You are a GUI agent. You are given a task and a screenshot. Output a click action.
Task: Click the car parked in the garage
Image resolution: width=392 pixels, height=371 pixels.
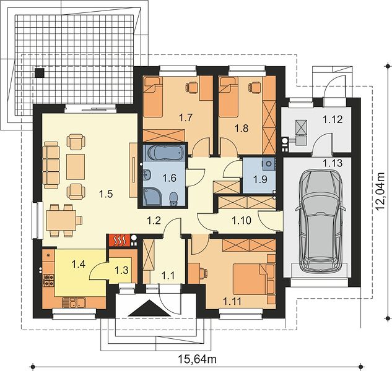coord(321,222)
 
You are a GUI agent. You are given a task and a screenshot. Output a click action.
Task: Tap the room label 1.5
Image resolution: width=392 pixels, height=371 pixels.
coord(106,194)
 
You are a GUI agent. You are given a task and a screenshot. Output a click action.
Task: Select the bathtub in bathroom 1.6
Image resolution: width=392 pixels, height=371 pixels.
coord(164,152)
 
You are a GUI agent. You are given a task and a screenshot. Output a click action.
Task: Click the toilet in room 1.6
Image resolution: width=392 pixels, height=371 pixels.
coord(173,199)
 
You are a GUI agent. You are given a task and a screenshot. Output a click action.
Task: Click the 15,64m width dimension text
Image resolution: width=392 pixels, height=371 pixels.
coord(198,359)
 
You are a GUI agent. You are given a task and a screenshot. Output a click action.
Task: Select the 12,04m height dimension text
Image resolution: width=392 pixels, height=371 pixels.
coord(381,191)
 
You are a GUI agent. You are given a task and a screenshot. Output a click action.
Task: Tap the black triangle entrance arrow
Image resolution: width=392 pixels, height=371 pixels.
coord(149,309)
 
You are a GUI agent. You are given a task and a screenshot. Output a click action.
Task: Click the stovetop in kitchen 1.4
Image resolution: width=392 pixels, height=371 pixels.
coord(49,280)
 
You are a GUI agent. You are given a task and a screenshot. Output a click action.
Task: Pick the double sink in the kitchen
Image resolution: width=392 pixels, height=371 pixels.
coord(74,303)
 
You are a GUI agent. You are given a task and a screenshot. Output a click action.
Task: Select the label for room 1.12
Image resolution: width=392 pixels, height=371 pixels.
coord(333,119)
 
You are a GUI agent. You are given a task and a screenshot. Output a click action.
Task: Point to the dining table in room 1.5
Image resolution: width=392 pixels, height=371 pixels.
coord(61,220)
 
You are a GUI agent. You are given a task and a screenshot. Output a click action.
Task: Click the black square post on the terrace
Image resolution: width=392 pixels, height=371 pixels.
coord(40,72)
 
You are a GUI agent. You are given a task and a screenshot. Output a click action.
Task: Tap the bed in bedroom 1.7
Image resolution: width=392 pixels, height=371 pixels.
coord(153,96)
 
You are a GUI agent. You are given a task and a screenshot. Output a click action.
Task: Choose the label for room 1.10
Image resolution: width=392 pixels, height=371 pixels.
coord(242,221)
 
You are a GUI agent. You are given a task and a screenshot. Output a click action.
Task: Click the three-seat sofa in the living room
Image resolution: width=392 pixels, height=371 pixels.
coord(51,165)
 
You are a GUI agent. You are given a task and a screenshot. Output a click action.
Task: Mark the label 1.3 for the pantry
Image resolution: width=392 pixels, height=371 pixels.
coord(121,270)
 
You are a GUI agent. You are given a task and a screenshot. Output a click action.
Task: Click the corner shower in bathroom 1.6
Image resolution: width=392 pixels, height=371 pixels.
coord(152,197)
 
